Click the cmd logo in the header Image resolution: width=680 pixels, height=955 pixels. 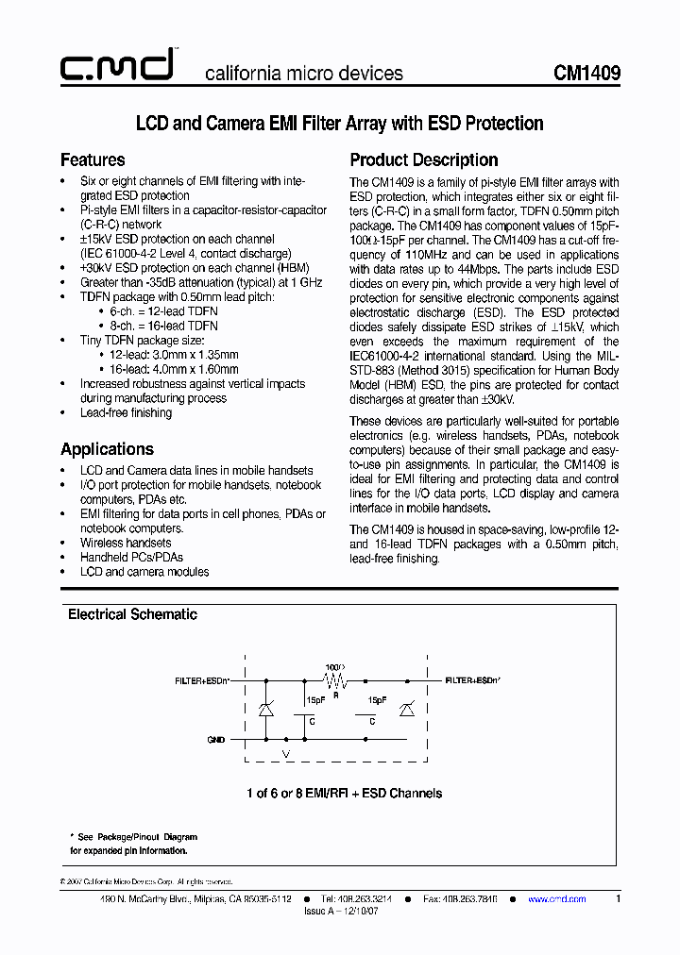pyautogui.click(x=115, y=66)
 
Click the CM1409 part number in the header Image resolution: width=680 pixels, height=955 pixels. pyautogui.click(x=586, y=73)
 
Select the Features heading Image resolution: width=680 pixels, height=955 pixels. pyautogui.click(x=93, y=159)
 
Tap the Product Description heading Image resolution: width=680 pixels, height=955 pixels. pyautogui.click(x=423, y=159)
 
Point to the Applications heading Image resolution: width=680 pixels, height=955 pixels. pyautogui.click(x=107, y=449)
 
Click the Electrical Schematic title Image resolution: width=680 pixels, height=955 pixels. pyautogui.click(x=132, y=614)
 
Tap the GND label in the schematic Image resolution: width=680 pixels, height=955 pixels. pyautogui.click(x=216, y=741)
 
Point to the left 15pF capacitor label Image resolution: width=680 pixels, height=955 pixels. pyautogui.click(x=314, y=700)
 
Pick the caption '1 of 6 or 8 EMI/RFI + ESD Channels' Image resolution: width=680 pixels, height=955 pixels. pyautogui.click(x=343, y=794)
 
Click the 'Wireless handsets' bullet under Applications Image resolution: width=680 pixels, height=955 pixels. pyautogui.click(x=126, y=543)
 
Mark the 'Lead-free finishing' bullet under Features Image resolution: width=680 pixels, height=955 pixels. pyautogui.click(x=126, y=412)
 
